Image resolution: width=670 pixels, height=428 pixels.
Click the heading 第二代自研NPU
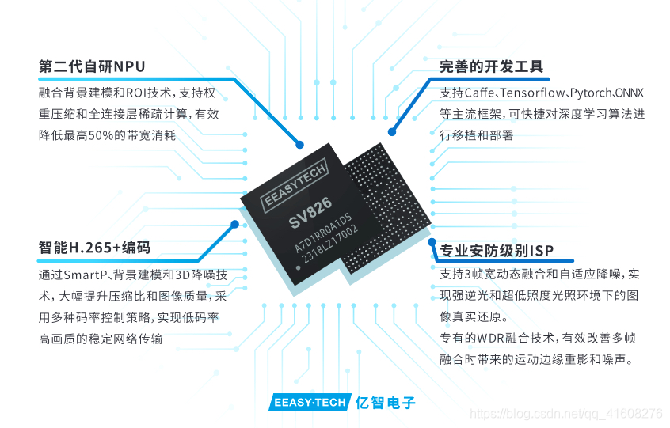[92, 66]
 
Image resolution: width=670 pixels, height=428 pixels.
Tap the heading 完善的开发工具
[492, 66]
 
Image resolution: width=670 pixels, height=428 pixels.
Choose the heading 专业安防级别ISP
[497, 252]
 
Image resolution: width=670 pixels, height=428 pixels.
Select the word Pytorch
[592, 93]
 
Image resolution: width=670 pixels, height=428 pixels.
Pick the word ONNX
[630, 93]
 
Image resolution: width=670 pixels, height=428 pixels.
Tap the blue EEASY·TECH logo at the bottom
[309, 403]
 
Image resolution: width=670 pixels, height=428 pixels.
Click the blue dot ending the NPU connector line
[299, 144]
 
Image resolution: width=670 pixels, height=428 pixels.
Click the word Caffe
[481, 93]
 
